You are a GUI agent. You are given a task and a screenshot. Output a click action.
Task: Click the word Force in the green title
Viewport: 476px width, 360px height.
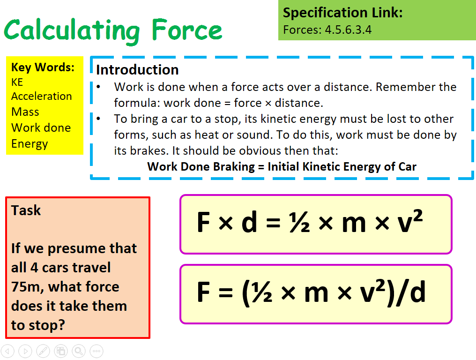pyautogui.click(x=186, y=30)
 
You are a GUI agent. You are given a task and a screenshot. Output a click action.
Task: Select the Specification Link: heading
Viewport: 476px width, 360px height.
pyautogui.click(x=342, y=13)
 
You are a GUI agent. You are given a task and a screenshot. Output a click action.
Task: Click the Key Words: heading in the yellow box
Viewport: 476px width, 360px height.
pyautogui.click(x=43, y=67)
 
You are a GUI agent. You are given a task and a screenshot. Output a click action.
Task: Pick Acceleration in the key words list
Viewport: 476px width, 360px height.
pyautogui.click(x=42, y=96)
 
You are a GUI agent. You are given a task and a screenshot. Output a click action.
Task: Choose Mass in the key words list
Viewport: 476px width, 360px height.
pyautogui.click(x=25, y=112)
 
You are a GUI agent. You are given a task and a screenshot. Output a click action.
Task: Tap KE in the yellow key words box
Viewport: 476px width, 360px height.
pyautogui.click(x=17, y=82)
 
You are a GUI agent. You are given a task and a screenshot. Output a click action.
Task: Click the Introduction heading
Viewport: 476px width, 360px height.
pyautogui.click(x=137, y=70)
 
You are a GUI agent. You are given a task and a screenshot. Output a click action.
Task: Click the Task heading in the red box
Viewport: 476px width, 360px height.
pyautogui.click(x=26, y=210)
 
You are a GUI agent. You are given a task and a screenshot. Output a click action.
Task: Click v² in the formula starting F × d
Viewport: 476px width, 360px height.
pyautogui.click(x=409, y=223)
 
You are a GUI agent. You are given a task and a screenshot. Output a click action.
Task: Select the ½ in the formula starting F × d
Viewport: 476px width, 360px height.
pyautogui.click(x=297, y=223)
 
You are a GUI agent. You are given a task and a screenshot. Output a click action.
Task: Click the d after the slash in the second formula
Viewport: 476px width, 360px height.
pyautogui.click(x=416, y=293)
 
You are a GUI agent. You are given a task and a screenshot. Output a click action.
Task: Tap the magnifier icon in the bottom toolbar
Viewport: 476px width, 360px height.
pyautogui.click(x=78, y=351)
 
